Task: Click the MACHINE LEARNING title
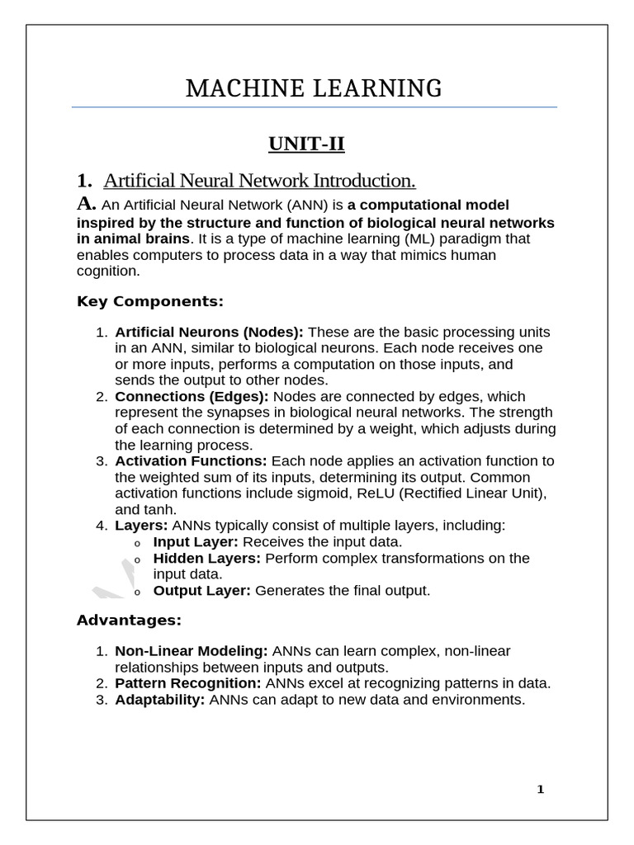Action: click(314, 88)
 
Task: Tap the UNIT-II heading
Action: click(306, 145)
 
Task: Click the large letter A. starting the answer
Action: click(87, 203)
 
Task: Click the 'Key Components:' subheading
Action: click(149, 301)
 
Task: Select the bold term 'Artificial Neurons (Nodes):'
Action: click(209, 332)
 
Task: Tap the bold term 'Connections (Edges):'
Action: click(192, 397)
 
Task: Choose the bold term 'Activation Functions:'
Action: click(191, 461)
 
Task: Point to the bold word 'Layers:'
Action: click(141, 526)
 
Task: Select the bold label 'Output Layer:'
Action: click(202, 591)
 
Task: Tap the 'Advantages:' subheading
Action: click(128, 619)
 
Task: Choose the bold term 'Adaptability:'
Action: click(159, 700)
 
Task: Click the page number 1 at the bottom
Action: click(540, 790)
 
